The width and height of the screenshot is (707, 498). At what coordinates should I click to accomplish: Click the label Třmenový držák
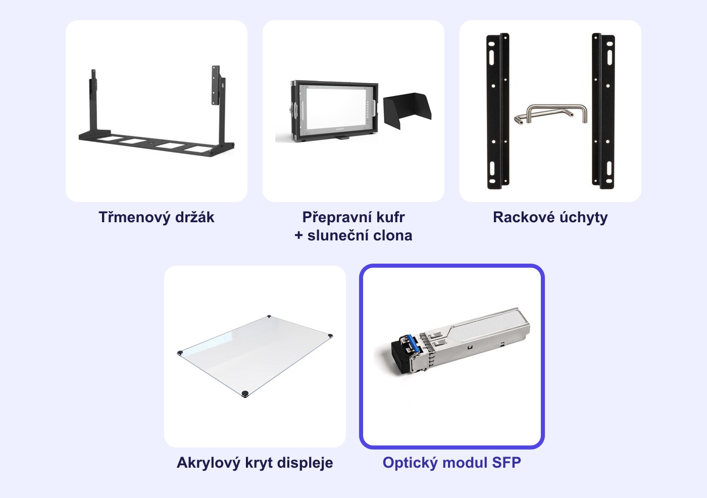coord(156,217)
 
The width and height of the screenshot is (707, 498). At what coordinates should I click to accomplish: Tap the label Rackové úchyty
coord(550,218)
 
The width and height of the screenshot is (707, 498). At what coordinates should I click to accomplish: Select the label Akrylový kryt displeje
coord(255,463)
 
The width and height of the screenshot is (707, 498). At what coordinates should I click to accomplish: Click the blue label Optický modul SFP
coord(451,462)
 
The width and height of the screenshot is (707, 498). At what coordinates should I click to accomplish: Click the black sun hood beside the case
coord(407,111)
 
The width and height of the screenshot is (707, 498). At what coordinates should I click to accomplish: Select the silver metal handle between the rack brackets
coord(551,114)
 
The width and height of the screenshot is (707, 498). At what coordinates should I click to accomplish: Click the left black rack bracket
coord(498,111)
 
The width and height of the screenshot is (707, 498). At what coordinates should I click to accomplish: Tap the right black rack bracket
coord(603,111)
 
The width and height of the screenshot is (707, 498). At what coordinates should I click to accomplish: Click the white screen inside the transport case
coord(334,107)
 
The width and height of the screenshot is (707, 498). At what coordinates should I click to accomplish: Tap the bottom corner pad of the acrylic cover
coord(244,393)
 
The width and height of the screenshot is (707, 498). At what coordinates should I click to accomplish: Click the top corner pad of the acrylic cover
coord(269,316)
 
